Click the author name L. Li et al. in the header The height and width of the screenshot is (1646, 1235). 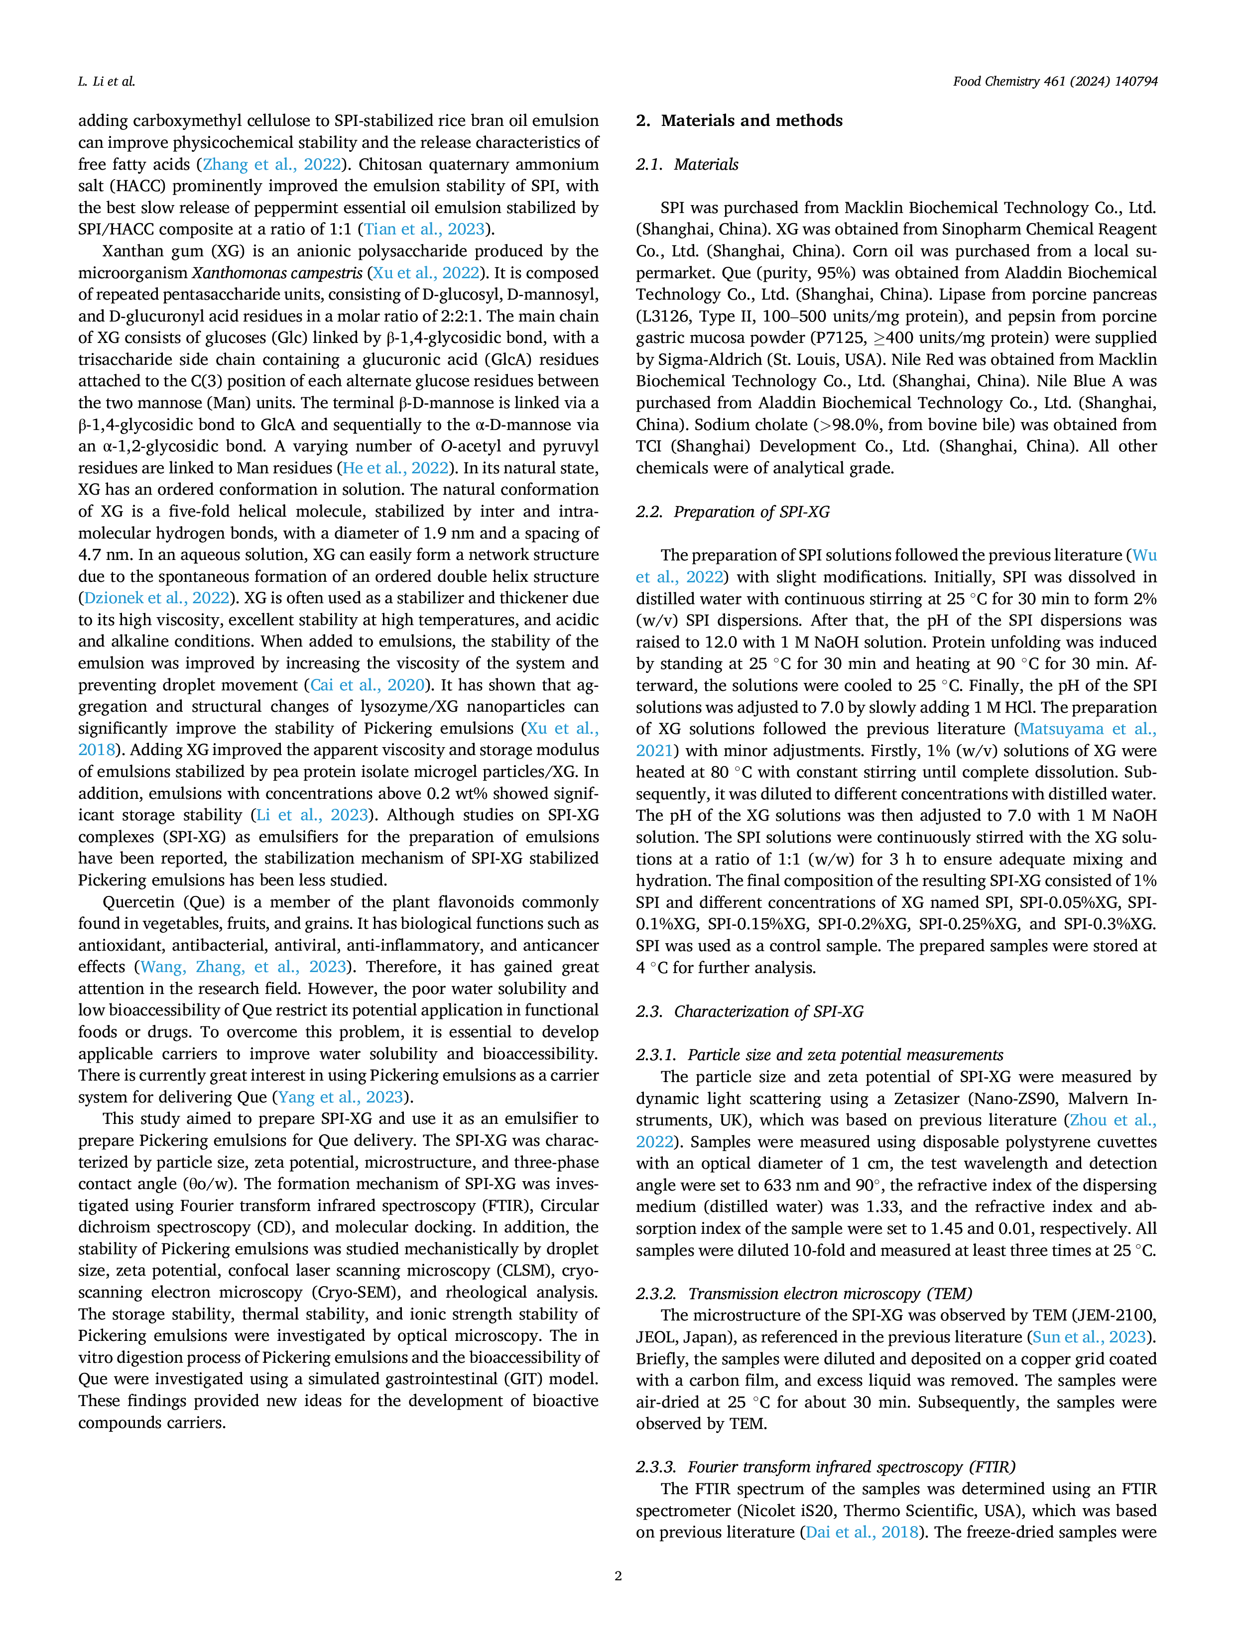pyautogui.click(x=107, y=82)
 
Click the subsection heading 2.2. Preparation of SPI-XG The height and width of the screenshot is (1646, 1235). pyautogui.click(x=733, y=512)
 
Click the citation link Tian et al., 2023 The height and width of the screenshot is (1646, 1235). pyautogui.click(x=424, y=229)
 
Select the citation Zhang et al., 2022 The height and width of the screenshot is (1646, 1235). pyautogui.click(x=272, y=164)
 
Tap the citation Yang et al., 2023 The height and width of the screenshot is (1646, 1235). pyautogui.click(x=340, y=1097)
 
